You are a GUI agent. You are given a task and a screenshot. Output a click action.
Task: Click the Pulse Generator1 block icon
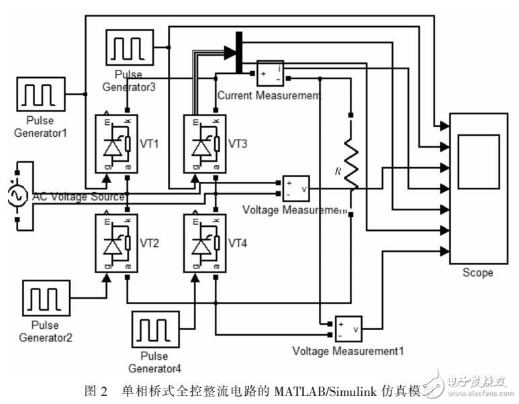[40, 94]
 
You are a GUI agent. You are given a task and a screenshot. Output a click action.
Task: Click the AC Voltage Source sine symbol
[15, 195]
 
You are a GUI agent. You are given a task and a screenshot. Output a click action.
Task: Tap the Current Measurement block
[270, 73]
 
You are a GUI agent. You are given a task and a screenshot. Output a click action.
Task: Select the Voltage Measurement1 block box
[348, 328]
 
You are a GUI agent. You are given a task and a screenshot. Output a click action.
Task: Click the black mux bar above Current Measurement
[238, 52]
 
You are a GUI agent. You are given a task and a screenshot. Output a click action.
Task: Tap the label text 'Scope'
[477, 272]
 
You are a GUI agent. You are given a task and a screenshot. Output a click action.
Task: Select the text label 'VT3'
[239, 144]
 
